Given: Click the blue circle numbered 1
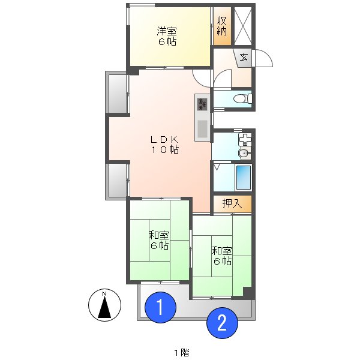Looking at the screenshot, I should (x=160, y=308).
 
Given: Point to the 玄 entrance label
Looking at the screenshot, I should (x=244, y=57).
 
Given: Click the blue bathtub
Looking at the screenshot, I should (x=244, y=177).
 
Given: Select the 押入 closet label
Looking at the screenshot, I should (x=232, y=204).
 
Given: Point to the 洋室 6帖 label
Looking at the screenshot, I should (x=167, y=36).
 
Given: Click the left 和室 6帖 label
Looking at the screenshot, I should (x=159, y=240).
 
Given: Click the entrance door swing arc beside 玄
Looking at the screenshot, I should (x=264, y=58).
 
